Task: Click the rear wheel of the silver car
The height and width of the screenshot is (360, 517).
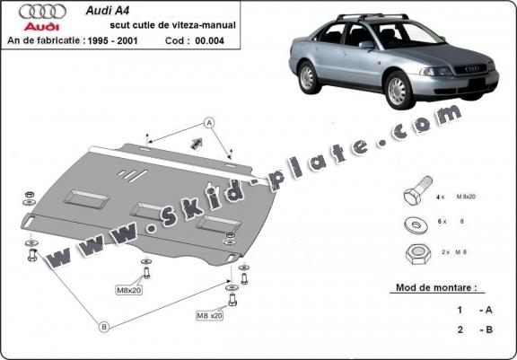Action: pyautogui.click(x=308, y=77)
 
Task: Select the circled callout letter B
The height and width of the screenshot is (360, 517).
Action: pyautogui.click(x=104, y=328)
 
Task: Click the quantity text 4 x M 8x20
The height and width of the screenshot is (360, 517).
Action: pyautogui.click(x=456, y=195)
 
